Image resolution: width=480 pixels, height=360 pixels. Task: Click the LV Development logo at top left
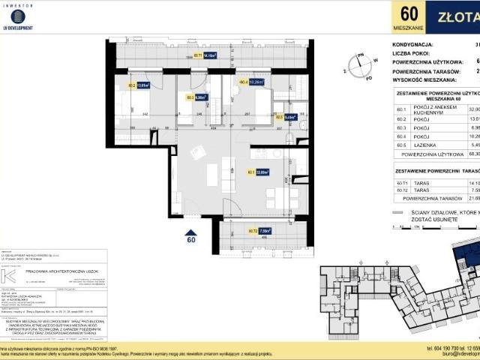[18, 16]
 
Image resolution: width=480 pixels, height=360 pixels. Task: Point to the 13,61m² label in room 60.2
[140, 85]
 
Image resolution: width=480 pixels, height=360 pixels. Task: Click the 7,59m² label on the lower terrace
[242, 231]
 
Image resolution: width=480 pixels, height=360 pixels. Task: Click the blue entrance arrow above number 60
[191, 233]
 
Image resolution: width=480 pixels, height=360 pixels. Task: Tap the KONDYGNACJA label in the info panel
[413, 44]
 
